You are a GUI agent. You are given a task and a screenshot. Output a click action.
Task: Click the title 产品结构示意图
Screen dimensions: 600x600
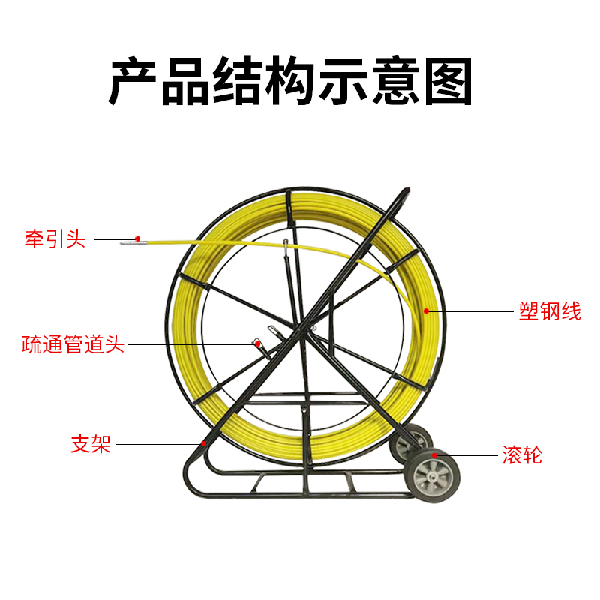(291, 81)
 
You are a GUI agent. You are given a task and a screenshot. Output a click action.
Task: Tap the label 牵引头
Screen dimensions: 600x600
(55, 241)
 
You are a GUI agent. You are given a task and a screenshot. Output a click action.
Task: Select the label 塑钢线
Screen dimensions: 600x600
(550, 311)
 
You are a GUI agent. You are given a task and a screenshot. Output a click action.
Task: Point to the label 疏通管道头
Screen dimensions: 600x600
(73, 345)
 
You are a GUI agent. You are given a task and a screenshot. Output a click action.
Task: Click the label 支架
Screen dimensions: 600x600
(91, 444)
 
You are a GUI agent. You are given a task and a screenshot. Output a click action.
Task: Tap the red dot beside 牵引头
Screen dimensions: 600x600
(138, 238)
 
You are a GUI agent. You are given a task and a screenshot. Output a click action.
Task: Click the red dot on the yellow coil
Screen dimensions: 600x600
(426, 310)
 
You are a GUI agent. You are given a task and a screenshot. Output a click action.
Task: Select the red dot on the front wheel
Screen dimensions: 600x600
(434, 454)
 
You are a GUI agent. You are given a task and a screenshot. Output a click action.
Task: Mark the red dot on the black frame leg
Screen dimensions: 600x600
(204, 444)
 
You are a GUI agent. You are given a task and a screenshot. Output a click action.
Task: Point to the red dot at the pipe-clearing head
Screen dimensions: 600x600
(256, 343)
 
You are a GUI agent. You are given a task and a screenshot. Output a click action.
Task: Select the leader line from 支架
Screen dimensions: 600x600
(157, 444)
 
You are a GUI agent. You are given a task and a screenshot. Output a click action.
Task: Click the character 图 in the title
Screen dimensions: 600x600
(448, 81)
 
